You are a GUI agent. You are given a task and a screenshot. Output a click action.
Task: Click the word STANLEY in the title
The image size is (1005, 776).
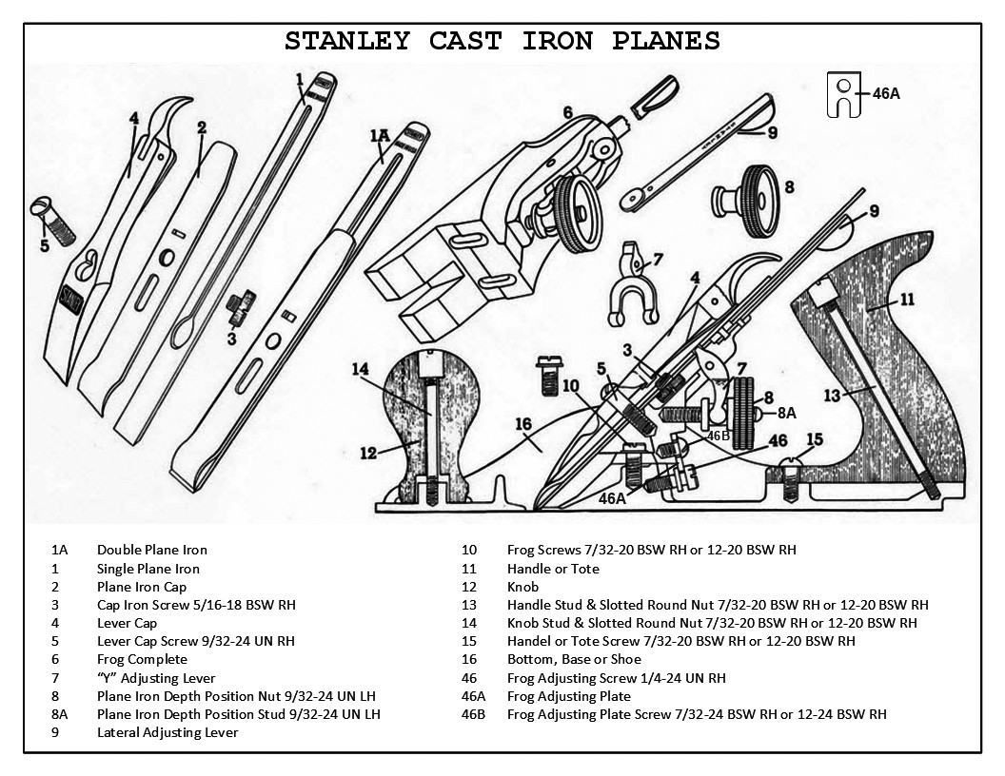tap(347, 41)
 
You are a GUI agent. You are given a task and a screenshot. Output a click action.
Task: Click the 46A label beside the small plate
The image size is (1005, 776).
tap(885, 93)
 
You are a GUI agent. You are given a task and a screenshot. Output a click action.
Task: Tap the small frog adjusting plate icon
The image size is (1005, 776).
tap(843, 93)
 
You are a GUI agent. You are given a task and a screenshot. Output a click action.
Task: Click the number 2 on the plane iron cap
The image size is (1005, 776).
tap(202, 127)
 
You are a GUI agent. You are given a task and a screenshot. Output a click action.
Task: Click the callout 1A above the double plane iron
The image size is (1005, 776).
tap(379, 136)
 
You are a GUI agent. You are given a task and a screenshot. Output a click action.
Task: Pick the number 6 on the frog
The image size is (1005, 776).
tap(567, 112)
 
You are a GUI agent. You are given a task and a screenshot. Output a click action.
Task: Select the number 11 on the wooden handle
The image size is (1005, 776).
tap(906, 299)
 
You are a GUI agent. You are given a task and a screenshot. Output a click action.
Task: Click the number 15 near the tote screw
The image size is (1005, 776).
tap(814, 438)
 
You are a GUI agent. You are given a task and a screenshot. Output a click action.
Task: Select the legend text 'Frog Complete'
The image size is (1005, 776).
tap(142, 659)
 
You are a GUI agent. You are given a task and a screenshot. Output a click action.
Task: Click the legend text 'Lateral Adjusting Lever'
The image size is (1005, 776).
tap(167, 732)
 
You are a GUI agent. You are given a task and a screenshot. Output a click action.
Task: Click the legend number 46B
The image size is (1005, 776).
tap(473, 714)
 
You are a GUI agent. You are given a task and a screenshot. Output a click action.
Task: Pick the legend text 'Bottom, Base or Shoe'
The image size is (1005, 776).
tap(574, 659)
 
